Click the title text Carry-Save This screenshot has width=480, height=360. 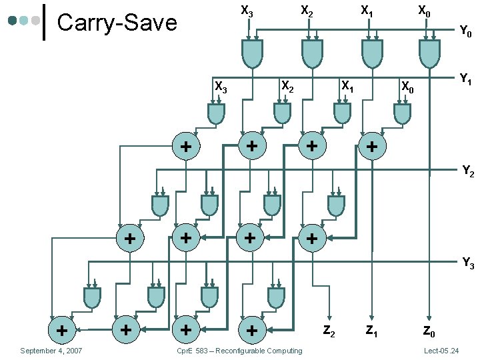117,23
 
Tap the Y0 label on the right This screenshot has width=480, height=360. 465,31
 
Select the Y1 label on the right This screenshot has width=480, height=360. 466,79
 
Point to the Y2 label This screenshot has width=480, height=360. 468,173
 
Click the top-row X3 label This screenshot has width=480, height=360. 247,11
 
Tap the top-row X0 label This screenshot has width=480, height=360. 424,11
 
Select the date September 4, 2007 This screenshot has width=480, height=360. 51,351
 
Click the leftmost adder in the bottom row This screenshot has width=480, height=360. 61,329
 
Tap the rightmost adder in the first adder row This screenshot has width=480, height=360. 372,146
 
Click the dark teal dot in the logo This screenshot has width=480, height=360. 12,21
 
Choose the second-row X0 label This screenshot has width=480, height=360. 407,86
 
